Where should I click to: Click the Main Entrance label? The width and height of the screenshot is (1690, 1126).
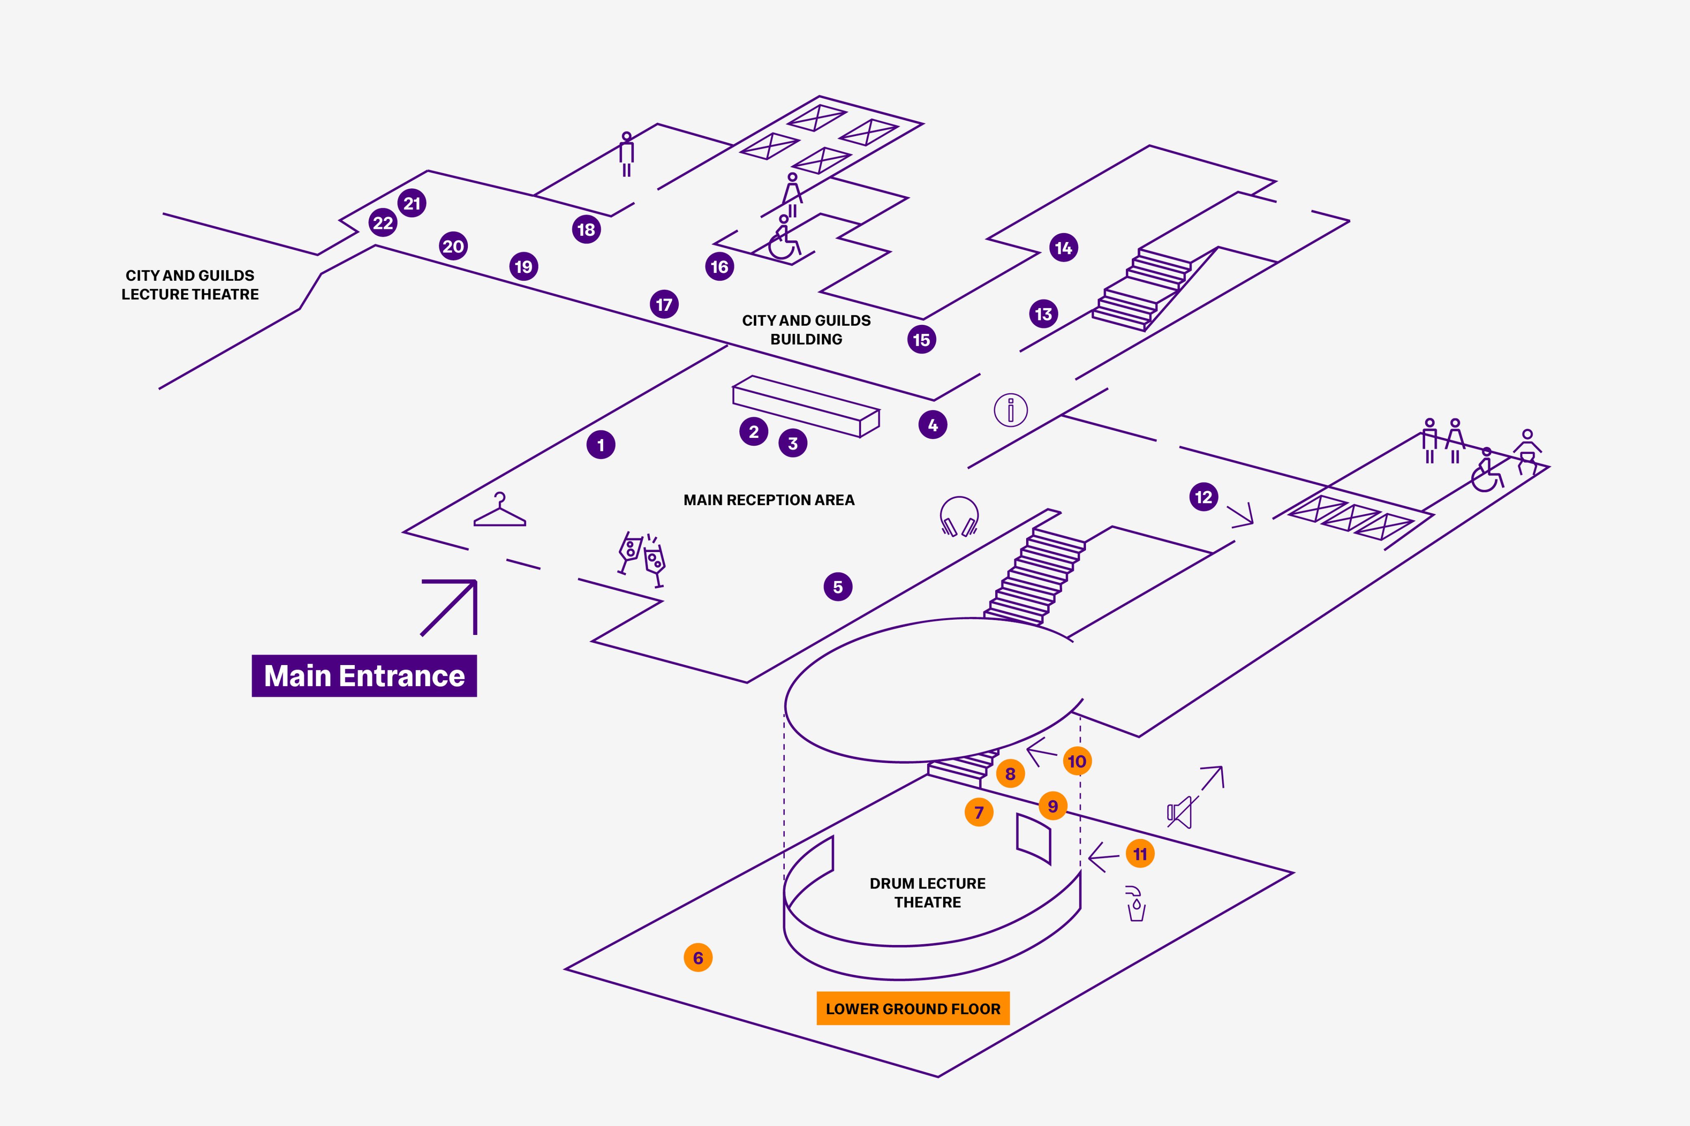[x=364, y=676]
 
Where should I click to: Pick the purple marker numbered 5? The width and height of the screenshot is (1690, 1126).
[x=838, y=587]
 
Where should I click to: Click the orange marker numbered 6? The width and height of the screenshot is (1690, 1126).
[x=698, y=957]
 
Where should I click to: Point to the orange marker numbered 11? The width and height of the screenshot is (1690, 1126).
[x=1140, y=854]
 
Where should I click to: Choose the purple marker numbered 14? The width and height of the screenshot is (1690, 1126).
[x=1063, y=248]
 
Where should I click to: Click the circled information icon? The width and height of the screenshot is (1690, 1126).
[x=1010, y=410]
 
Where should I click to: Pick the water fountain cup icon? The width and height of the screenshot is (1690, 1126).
[x=1135, y=904]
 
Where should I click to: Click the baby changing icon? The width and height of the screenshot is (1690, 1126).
[x=1527, y=452]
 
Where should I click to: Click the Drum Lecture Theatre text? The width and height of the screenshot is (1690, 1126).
[x=927, y=893]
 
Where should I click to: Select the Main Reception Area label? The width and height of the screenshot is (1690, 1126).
[x=769, y=500]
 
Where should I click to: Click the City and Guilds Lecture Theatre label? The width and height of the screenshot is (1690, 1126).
[x=190, y=285]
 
